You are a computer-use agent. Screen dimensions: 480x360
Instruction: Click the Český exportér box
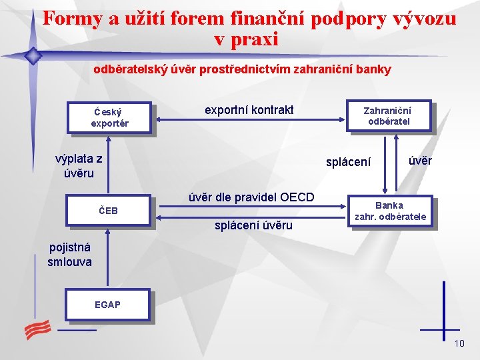point(110,117)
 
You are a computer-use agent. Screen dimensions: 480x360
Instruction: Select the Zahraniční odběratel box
point(389,115)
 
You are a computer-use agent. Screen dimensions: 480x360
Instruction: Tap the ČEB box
point(110,211)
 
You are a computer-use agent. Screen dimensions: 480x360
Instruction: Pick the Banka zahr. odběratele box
point(390,211)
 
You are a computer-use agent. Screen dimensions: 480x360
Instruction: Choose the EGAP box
point(107,305)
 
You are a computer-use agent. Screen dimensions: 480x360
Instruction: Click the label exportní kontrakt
point(249,109)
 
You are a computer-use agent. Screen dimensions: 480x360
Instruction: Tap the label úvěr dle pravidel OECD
point(251,197)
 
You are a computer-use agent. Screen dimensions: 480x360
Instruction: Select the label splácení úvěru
point(253,225)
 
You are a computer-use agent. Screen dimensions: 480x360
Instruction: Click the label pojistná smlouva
point(69,255)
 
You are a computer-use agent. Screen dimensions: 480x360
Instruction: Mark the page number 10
point(459,343)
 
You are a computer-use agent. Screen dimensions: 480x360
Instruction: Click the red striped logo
point(38,329)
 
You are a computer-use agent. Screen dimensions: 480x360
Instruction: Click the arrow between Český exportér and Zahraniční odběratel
point(250,120)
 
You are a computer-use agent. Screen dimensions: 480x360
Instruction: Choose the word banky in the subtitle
point(375,69)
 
